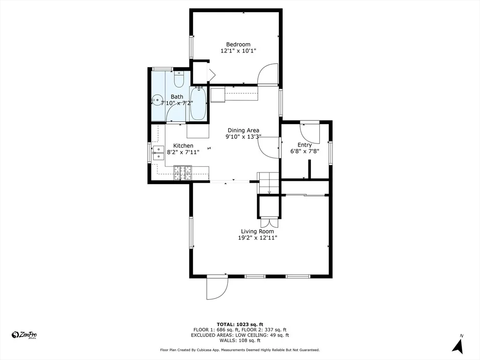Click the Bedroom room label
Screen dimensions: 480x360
tap(238, 45)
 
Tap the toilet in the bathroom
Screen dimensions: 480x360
tap(179, 79)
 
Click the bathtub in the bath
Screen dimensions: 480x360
tap(198, 104)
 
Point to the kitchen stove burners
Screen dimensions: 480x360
tap(182, 172)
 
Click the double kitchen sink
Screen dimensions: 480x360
tap(158, 153)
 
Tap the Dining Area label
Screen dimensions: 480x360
tap(243, 130)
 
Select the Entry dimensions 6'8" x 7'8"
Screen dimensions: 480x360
tap(305, 151)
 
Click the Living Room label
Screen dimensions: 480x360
tap(257, 232)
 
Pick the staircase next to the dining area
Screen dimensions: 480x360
tap(269, 183)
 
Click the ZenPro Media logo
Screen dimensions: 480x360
tap(24, 335)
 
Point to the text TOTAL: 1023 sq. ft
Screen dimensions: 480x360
tap(240, 324)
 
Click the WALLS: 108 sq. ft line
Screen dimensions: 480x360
tap(240, 340)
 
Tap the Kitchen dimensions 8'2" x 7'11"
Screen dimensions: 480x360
tap(183, 152)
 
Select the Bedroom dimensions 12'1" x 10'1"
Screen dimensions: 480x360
tap(238, 51)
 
